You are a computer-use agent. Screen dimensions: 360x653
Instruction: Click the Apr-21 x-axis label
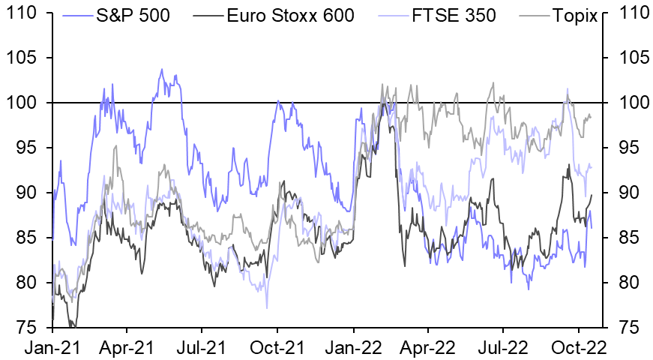127,348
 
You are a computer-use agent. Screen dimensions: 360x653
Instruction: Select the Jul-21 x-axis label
202,348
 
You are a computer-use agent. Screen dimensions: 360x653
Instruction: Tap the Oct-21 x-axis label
278,348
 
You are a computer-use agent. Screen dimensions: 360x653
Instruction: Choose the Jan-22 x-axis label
354,348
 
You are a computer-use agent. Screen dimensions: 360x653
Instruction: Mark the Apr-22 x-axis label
428,348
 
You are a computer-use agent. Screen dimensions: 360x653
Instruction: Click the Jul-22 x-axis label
503,348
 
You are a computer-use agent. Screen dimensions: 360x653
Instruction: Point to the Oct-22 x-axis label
579,348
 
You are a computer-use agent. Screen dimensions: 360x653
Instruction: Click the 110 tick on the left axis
22,13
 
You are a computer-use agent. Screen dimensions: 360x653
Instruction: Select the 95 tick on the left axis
28,148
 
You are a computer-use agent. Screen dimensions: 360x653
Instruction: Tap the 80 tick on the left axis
28,283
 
